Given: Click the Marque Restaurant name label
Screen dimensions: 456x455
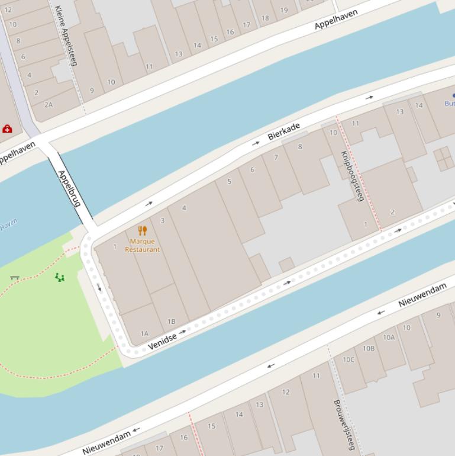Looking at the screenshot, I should pyautogui.click(x=142, y=245).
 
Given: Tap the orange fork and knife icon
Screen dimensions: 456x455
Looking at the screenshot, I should pyautogui.click(x=142, y=230).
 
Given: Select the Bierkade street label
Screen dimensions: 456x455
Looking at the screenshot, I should pyautogui.click(x=284, y=131).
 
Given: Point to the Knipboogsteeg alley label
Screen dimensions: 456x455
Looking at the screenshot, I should pyautogui.click(x=351, y=175).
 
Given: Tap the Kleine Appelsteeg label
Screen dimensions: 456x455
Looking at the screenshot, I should pyautogui.click(x=66, y=36).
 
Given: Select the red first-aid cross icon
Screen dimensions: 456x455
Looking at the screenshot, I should pyautogui.click(x=7, y=129).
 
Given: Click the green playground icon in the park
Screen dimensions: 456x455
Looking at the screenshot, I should pyautogui.click(x=60, y=277).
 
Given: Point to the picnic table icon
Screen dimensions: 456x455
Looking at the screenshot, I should pyautogui.click(x=15, y=277).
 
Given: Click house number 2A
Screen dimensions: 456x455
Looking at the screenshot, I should pyautogui.click(x=49, y=104).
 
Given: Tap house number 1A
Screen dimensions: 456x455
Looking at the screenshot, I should pyautogui.click(x=144, y=333).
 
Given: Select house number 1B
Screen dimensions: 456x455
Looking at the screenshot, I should pyautogui.click(x=171, y=322).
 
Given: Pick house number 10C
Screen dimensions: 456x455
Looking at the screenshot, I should pyautogui.click(x=348, y=359).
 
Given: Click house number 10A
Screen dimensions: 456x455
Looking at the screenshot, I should pyautogui.click(x=388, y=337).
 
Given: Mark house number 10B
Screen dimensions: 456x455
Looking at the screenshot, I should pyautogui.click(x=369, y=348).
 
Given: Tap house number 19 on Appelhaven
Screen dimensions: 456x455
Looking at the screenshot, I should pyautogui.click(x=284, y=10).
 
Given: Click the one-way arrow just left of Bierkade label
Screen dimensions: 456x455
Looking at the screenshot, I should pyautogui.click(x=256, y=143).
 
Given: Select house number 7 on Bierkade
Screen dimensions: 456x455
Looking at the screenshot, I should pyautogui.click(x=276, y=158).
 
